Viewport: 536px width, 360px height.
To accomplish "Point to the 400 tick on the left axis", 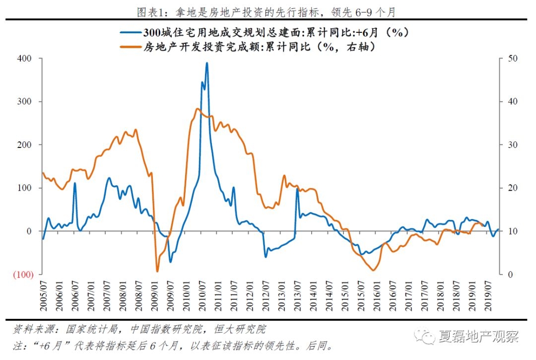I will point(25,59).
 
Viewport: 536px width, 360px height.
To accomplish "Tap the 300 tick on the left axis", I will point(25,102).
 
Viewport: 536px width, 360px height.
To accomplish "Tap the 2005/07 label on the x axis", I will point(43,296).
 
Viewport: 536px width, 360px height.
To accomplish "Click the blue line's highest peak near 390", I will point(206,63).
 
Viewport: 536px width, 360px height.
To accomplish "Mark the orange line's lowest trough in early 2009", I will point(157,271).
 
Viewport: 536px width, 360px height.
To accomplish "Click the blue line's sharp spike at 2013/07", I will point(297,189).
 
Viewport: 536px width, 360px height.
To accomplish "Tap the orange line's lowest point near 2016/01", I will point(374,270).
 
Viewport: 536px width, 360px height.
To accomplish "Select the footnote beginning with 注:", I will point(171,345).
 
